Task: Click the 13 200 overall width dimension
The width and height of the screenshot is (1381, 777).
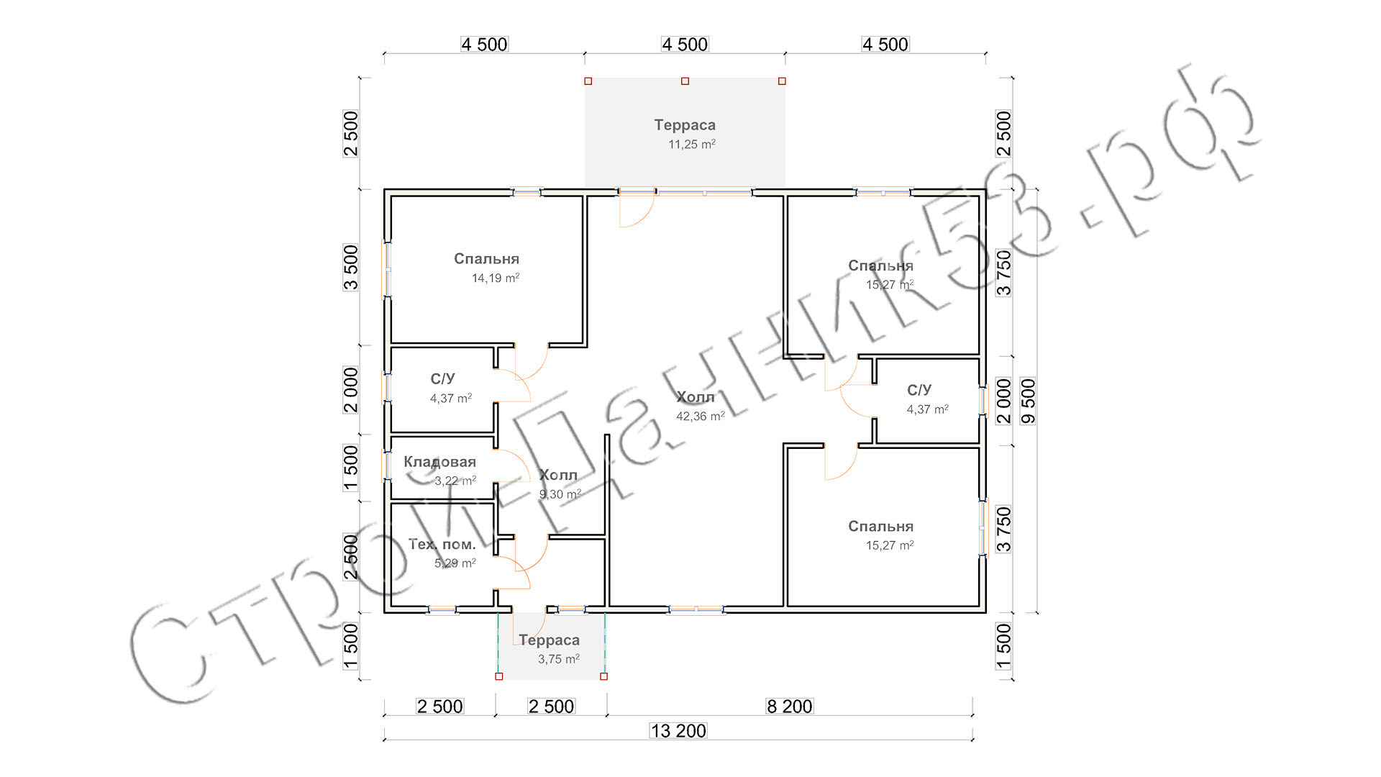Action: (678, 731)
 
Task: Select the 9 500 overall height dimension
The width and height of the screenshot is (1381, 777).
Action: (1029, 401)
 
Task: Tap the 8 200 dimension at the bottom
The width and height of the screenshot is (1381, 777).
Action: (790, 706)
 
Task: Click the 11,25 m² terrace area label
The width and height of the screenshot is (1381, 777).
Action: (692, 144)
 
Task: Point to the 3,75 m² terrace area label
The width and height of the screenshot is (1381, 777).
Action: (559, 659)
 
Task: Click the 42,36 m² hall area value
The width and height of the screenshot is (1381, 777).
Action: (701, 416)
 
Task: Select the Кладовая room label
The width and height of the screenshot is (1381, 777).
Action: (439, 462)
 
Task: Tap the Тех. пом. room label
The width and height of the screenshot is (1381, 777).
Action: (442, 545)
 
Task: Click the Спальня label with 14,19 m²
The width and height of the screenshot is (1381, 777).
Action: (487, 259)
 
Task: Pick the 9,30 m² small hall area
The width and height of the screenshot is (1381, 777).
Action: (560, 494)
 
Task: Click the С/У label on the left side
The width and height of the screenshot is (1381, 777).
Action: (443, 379)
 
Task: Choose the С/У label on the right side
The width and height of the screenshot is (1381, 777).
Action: (919, 390)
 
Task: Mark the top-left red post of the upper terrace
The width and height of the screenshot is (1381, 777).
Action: (588, 81)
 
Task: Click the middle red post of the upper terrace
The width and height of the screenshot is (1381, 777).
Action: (685, 81)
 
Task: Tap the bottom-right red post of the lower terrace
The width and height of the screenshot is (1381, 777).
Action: (603, 676)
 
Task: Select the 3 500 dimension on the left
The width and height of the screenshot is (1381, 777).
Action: (350, 268)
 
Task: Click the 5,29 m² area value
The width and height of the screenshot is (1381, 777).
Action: (455, 563)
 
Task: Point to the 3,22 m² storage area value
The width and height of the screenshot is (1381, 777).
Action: (455, 481)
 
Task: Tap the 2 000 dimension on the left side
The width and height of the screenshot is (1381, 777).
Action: (350, 390)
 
